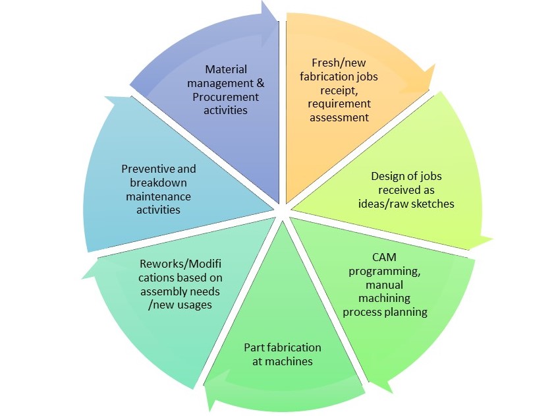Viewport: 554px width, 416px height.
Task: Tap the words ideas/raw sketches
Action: pos(413,204)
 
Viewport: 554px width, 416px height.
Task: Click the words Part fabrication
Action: pos(283,347)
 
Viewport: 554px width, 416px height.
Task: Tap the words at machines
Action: pos(283,361)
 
